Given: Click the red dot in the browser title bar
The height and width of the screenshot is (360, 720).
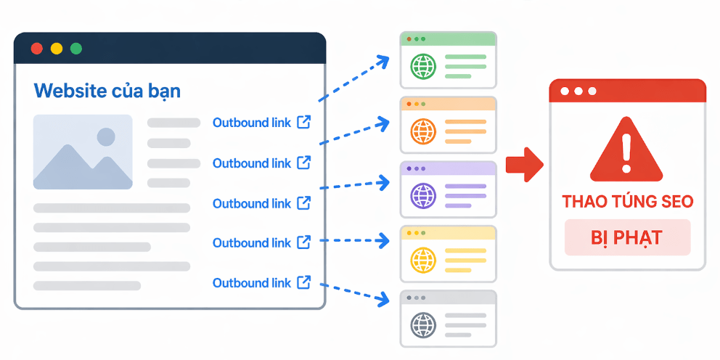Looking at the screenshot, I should [37, 49].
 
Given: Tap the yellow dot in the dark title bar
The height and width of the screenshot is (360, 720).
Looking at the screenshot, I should [57, 49].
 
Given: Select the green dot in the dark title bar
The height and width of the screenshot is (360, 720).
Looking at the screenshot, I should [76, 49].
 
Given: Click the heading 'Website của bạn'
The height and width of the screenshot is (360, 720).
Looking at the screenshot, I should [107, 91].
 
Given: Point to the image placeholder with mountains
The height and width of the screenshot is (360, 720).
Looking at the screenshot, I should [83, 152].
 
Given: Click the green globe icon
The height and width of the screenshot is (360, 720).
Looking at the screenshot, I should [422, 67].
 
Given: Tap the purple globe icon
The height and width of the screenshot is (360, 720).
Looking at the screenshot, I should [422, 196].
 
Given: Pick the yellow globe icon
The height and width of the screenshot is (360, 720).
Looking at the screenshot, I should [422, 259].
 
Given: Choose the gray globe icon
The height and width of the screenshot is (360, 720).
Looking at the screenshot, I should [422, 324].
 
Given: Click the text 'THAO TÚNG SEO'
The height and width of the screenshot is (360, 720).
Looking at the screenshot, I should [627, 201].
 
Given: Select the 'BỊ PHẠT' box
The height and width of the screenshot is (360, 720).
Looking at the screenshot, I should [627, 238].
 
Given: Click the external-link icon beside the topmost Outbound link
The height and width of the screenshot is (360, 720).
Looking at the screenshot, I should [304, 122].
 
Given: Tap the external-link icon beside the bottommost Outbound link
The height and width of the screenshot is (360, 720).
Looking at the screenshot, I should [304, 282].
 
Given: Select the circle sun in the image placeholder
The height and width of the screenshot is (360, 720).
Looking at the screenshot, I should [106, 136].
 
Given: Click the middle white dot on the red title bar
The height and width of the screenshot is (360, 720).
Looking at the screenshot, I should [578, 91].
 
